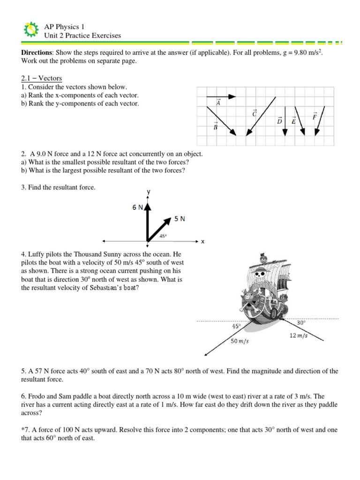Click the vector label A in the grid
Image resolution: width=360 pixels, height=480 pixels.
click(x=218, y=103)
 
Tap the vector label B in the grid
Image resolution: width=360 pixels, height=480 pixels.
click(x=216, y=126)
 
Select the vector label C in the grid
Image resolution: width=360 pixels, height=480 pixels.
click(x=255, y=113)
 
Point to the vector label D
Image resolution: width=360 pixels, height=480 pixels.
click(x=280, y=120)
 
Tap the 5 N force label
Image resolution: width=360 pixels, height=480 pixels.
click(x=180, y=218)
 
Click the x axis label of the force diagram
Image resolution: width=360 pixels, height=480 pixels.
click(x=203, y=242)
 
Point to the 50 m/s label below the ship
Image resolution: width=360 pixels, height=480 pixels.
click(x=240, y=341)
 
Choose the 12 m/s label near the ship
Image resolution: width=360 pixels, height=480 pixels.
click(x=299, y=336)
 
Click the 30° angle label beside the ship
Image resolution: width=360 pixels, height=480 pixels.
click(x=301, y=323)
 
